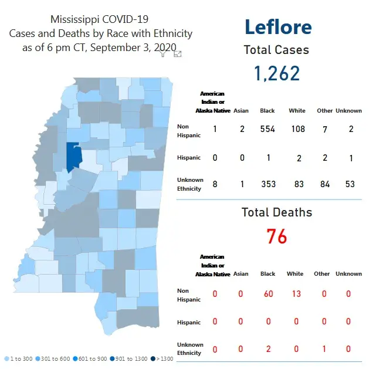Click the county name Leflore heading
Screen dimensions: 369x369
point(277,27)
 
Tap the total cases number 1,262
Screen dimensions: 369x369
point(277,73)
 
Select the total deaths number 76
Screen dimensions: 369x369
point(277,237)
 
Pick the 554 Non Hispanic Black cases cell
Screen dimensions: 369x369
point(268,129)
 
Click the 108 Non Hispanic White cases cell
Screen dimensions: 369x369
point(298,129)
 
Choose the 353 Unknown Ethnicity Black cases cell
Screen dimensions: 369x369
point(268,185)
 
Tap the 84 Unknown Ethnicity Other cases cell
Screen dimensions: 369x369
point(323,185)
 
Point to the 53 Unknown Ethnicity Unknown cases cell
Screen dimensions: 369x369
point(350,185)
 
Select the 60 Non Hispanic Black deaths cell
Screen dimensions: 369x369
point(268,293)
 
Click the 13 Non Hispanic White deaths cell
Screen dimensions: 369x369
point(296,293)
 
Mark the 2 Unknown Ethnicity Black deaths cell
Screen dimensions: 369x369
point(268,349)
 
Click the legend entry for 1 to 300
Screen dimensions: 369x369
point(19,358)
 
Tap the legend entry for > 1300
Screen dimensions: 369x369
point(162,358)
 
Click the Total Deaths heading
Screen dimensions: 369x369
point(277,212)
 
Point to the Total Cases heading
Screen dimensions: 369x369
point(277,50)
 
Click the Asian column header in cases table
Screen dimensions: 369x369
point(241,111)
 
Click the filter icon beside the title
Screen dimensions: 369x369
point(164,54)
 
